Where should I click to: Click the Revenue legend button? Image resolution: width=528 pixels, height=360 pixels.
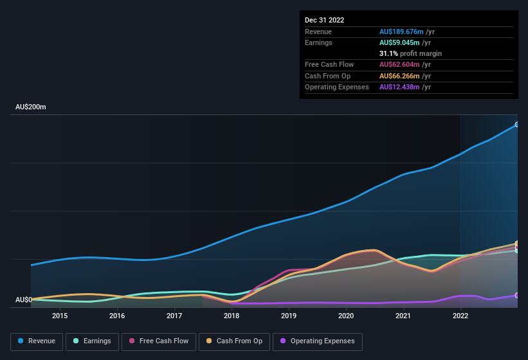[x=37, y=341]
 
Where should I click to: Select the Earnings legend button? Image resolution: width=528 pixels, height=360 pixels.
[x=92, y=341]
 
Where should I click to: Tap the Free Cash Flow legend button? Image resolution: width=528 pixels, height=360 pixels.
[x=158, y=341]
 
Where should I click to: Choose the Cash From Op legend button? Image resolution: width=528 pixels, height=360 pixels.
[x=235, y=341]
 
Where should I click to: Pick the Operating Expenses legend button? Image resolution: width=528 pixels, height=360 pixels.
[x=318, y=341]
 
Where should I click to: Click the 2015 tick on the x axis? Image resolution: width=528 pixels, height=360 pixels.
[x=60, y=316]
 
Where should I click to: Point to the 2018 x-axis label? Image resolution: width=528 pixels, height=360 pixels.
[x=232, y=316]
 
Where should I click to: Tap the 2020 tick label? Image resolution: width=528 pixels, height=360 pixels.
[x=346, y=316]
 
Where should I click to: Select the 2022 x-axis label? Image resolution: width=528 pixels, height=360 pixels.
[x=460, y=316]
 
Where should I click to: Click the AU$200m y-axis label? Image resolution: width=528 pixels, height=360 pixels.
[x=30, y=107]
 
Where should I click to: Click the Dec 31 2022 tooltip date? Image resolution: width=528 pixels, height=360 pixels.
[x=324, y=20]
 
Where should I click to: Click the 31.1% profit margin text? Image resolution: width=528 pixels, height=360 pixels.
[x=410, y=53]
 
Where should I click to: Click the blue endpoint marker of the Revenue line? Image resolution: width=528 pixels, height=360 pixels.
[x=516, y=124]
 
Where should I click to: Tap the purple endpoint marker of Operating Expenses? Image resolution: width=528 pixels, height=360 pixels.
[x=516, y=295]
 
